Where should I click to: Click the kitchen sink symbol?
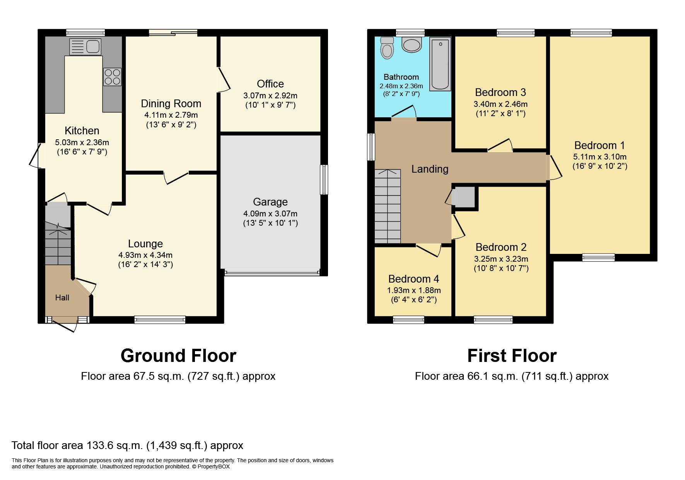tap(85, 47)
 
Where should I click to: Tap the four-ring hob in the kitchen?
tap(112, 77)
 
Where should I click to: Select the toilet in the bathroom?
tap(387, 48)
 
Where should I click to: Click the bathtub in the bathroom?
tap(441, 64)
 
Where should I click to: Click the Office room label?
tap(270, 84)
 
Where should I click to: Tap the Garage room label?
tap(270, 202)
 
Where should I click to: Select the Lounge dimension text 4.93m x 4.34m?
tap(145, 255)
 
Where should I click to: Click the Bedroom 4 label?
tap(413, 279)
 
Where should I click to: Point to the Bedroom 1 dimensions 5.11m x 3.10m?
tap(600, 157)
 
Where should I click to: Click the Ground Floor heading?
tap(178, 356)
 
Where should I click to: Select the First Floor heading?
tap(512, 356)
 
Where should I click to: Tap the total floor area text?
tap(127, 446)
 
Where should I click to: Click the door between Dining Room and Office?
tap(224, 79)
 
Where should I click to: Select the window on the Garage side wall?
tap(324, 180)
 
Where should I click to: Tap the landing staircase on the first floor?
tap(387, 206)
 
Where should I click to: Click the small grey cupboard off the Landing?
tap(464, 197)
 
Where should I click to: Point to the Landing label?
tap(429, 169)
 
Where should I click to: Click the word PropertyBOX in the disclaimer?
tap(214, 466)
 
